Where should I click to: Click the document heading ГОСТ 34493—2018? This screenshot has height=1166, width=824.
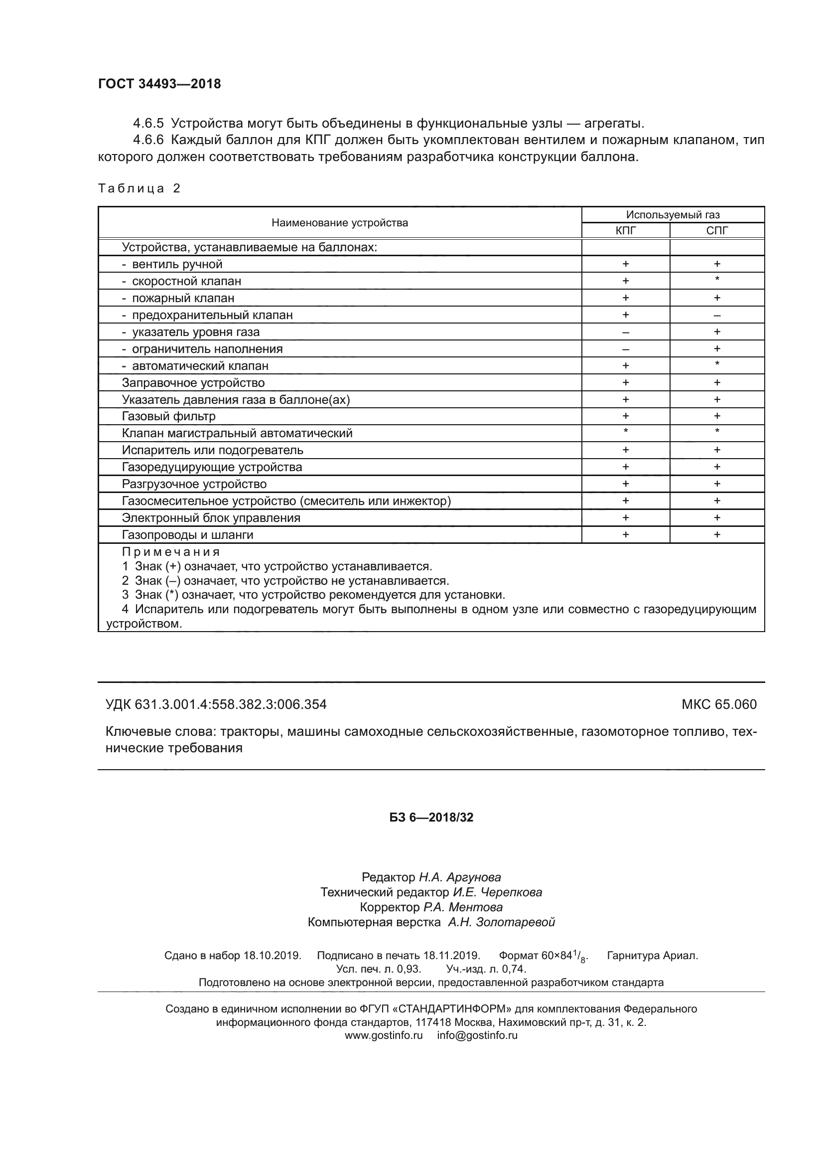click(x=159, y=84)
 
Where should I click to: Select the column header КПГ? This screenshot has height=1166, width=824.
click(x=625, y=231)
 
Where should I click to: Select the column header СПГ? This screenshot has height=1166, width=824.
click(x=716, y=231)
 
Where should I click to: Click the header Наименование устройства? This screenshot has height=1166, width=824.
click(x=339, y=222)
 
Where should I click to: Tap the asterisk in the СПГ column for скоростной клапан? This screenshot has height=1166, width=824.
click(x=716, y=279)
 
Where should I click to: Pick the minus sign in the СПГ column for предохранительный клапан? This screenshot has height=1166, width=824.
click(x=716, y=316)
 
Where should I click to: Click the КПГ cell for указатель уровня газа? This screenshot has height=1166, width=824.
click(x=625, y=332)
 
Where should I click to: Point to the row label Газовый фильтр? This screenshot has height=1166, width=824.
click(x=168, y=416)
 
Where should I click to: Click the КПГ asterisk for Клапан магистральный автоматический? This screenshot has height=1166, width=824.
click(x=625, y=432)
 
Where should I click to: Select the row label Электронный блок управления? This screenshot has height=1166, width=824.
click(x=211, y=518)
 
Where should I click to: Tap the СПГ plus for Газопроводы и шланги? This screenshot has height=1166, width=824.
click(x=716, y=534)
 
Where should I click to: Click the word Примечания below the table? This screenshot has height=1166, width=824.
click(x=170, y=552)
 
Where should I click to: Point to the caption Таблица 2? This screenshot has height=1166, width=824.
click(x=139, y=188)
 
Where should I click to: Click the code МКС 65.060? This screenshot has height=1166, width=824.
click(x=719, y=704)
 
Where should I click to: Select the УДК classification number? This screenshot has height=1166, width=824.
click(x=216, y=704)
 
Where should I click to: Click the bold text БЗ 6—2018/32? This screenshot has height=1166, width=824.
click(x=431, y=817)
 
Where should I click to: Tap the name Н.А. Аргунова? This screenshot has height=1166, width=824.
click(x=460, y=877)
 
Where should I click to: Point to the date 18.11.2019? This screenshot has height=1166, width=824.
click(x=451, y=955)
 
